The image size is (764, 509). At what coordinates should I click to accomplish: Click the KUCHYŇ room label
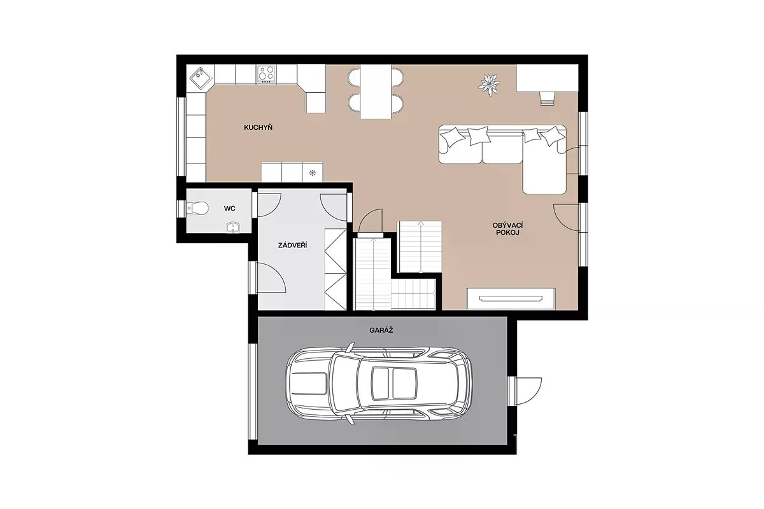(x=258, y=127)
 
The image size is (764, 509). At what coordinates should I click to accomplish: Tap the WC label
(x=230, y=208)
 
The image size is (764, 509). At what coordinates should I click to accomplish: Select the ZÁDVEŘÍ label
(x=292, y=245)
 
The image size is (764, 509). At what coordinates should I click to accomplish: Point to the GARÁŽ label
(x=381, y=330)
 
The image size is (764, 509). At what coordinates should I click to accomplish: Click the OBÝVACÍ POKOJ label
(x=508, y=229)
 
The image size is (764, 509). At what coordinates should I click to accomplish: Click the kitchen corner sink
(x=200, y=78)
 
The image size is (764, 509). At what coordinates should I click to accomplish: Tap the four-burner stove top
(x=266, y=74)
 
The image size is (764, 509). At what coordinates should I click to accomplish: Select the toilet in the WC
(x=197, y=207)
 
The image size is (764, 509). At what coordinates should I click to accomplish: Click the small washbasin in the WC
(x=233, y=227)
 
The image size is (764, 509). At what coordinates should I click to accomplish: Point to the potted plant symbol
(x=489, y=84)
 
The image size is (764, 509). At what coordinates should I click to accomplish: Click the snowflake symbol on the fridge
(x=312, y=172)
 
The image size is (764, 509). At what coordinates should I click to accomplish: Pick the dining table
(x=376, y=92)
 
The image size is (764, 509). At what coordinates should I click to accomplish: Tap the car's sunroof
(x=394, y=383)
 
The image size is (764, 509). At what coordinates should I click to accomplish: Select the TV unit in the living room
(x=511, y=299)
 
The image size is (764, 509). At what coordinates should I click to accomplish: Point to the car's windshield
(x=346, y=383)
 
